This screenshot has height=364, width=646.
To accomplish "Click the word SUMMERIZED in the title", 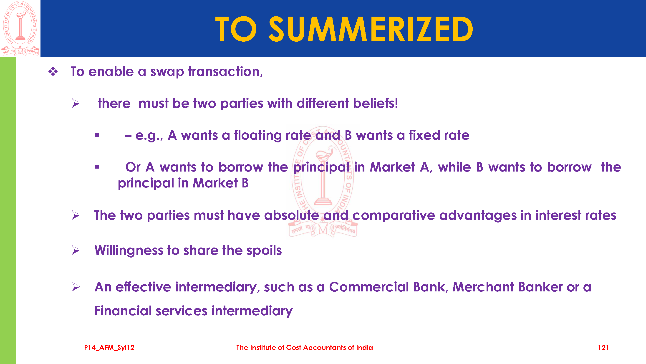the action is click(x=371, y=29).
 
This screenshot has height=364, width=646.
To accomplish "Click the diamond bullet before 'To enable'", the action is click(x=53, y=71).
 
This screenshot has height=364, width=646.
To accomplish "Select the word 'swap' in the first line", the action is click(x=167, y=72).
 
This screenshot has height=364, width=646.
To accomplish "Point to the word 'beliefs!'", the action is click(x=375, y=103).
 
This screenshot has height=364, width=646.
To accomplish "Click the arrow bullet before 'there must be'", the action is click(x=76, y=103).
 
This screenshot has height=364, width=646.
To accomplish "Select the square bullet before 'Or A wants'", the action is click(x=97, y=167).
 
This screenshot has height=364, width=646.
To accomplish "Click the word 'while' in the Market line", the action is click(x=454, y=167).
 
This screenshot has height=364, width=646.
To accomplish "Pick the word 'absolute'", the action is click(x=291, y=215).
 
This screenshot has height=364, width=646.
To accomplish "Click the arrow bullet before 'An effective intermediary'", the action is click(x=76, y=287).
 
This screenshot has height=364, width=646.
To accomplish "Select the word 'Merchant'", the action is click(x=483, y=287).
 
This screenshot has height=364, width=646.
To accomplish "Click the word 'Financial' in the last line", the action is click(x=123, y=311).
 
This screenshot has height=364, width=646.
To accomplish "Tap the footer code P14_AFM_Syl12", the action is click(x=109, y=347).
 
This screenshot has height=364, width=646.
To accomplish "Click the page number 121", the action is click(x=603, y=347).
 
